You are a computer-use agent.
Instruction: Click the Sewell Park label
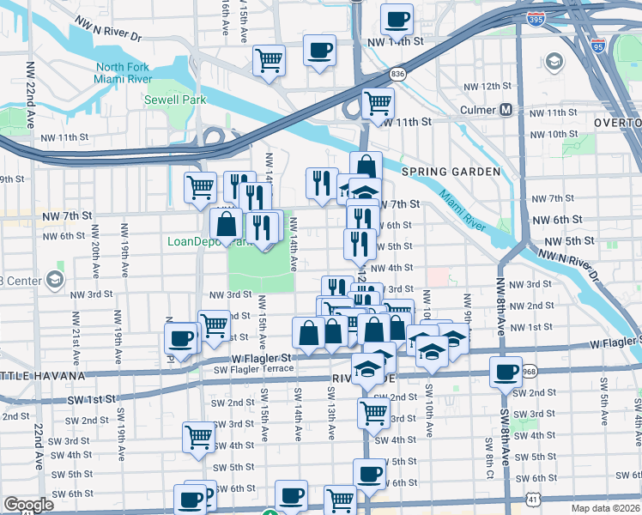tap(177, 100)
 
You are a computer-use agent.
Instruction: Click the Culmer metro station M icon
tap(506, 110)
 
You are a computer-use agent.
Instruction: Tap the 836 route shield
tap(397, 74)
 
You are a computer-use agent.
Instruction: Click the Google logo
tap(29, 505)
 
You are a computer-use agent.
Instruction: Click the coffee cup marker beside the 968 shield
tap(506, 371)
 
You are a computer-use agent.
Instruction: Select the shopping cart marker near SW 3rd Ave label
tap(199, 436)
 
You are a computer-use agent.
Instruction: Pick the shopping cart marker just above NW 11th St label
tap(378, 102)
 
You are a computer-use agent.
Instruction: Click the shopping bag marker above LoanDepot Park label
tap(227, 224)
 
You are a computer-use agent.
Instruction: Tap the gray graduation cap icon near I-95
tap(554, 62)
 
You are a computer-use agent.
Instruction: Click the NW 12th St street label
tap(488, 87)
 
